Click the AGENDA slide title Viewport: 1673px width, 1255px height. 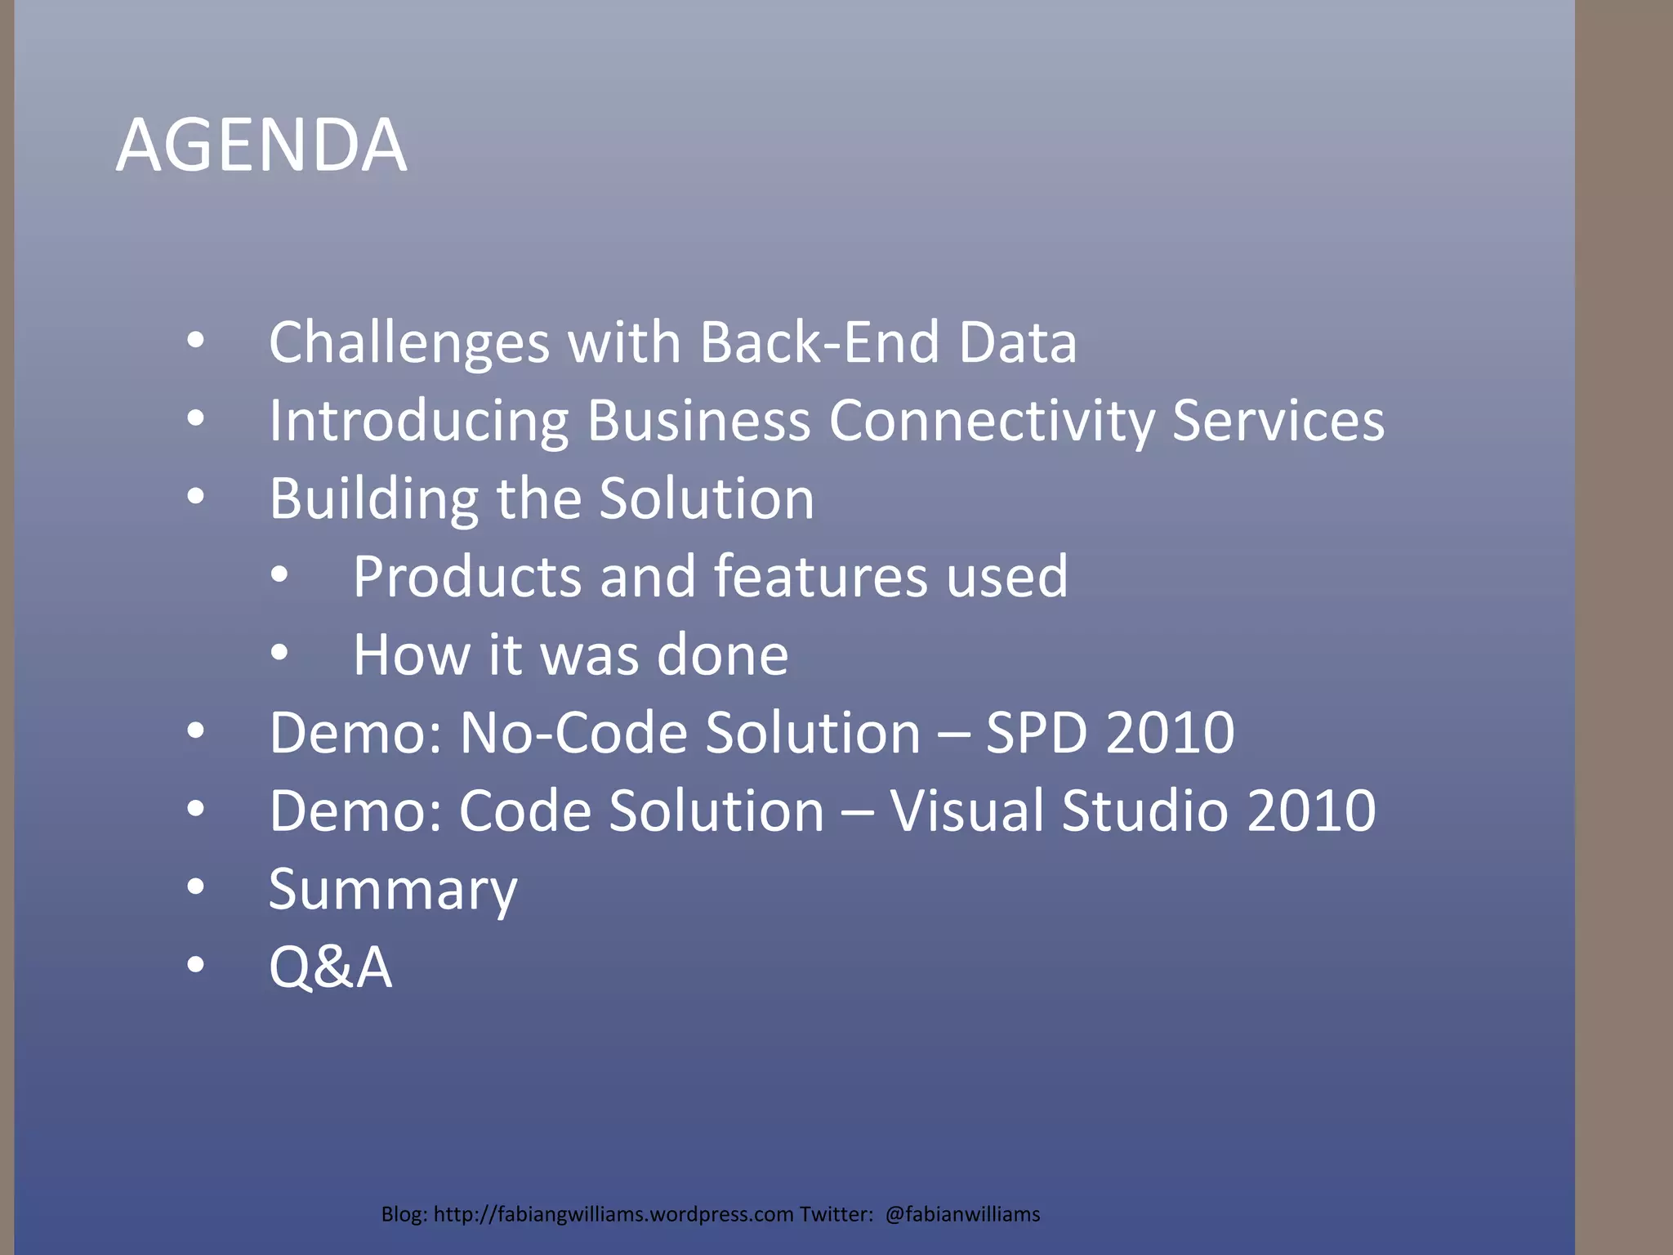pos(261,145)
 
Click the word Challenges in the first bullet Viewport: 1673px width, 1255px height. pos(408,342)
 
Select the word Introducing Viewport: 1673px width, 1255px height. pos(418,420)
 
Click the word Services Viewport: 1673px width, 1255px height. pos(1278,420)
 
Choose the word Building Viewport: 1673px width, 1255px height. pos(373,498)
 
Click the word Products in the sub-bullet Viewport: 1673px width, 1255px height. pos(467,576)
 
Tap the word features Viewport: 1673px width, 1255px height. pos(820,576)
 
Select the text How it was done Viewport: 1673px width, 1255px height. pos(570,654)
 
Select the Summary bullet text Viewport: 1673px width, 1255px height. pos(393,889)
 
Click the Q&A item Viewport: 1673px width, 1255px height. pos(330,967)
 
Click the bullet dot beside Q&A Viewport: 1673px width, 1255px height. pos(195,965)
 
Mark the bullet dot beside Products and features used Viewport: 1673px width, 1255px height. pos(279,575)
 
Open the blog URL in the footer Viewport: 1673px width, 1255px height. pos(613,1214)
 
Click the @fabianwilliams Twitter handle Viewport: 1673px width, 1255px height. pos(962,1214)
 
